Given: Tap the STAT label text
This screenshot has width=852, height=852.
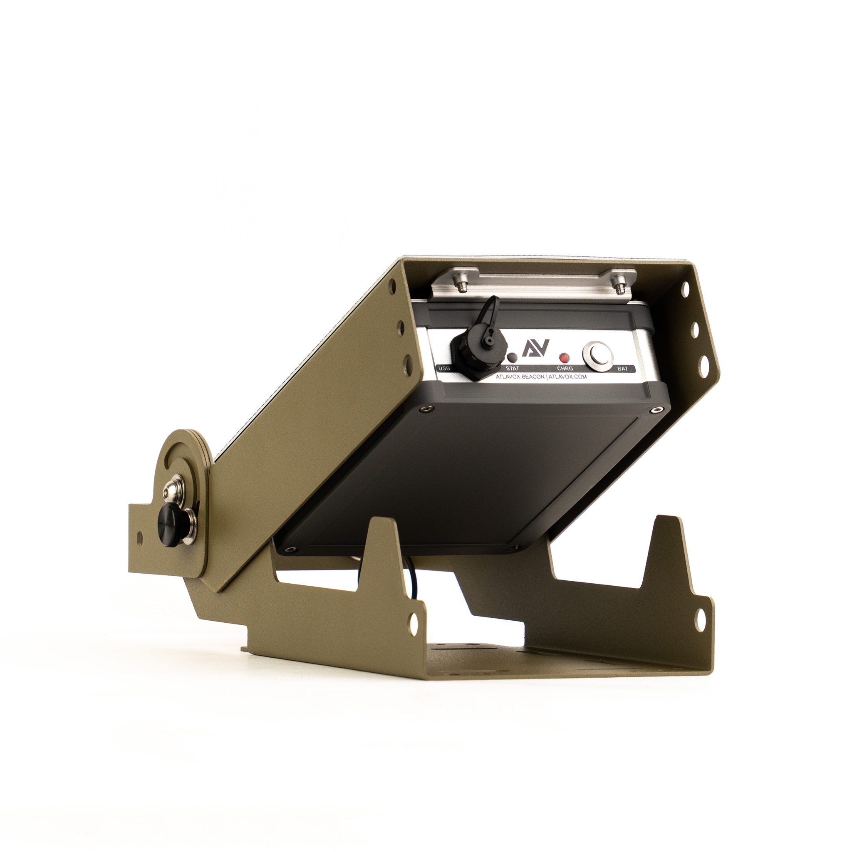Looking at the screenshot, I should point(512,368).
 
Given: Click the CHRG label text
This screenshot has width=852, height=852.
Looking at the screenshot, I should point(565,369).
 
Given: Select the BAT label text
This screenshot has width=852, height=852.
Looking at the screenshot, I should point(622,369).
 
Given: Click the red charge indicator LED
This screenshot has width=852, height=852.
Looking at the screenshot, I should point(563,357).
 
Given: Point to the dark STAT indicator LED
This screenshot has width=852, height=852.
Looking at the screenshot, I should point(513,357).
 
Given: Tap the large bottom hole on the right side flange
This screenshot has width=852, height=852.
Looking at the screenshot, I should point(703,365).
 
